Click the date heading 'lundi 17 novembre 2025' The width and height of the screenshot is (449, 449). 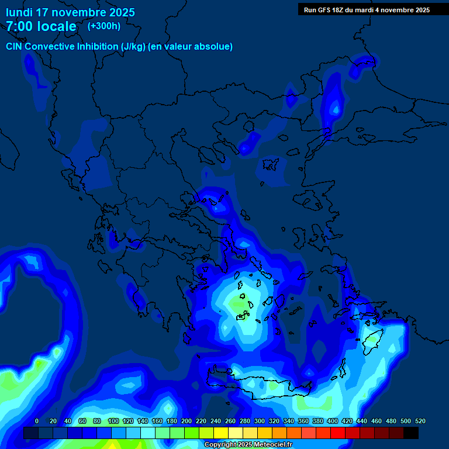click(x=70, y=12)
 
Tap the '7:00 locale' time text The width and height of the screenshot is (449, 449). click(x=41, y=26)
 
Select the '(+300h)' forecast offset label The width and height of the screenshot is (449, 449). click(x=104, y=26)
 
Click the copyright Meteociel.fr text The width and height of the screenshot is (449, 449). click(x=248, y=445)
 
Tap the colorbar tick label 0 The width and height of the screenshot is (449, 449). click(x=37, y=421)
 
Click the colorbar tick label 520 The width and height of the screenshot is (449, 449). click(x=420, y=421)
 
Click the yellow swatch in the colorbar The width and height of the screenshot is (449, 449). click(x=221, y=433)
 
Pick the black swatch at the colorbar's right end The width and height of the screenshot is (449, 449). click(x=411, y=433)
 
